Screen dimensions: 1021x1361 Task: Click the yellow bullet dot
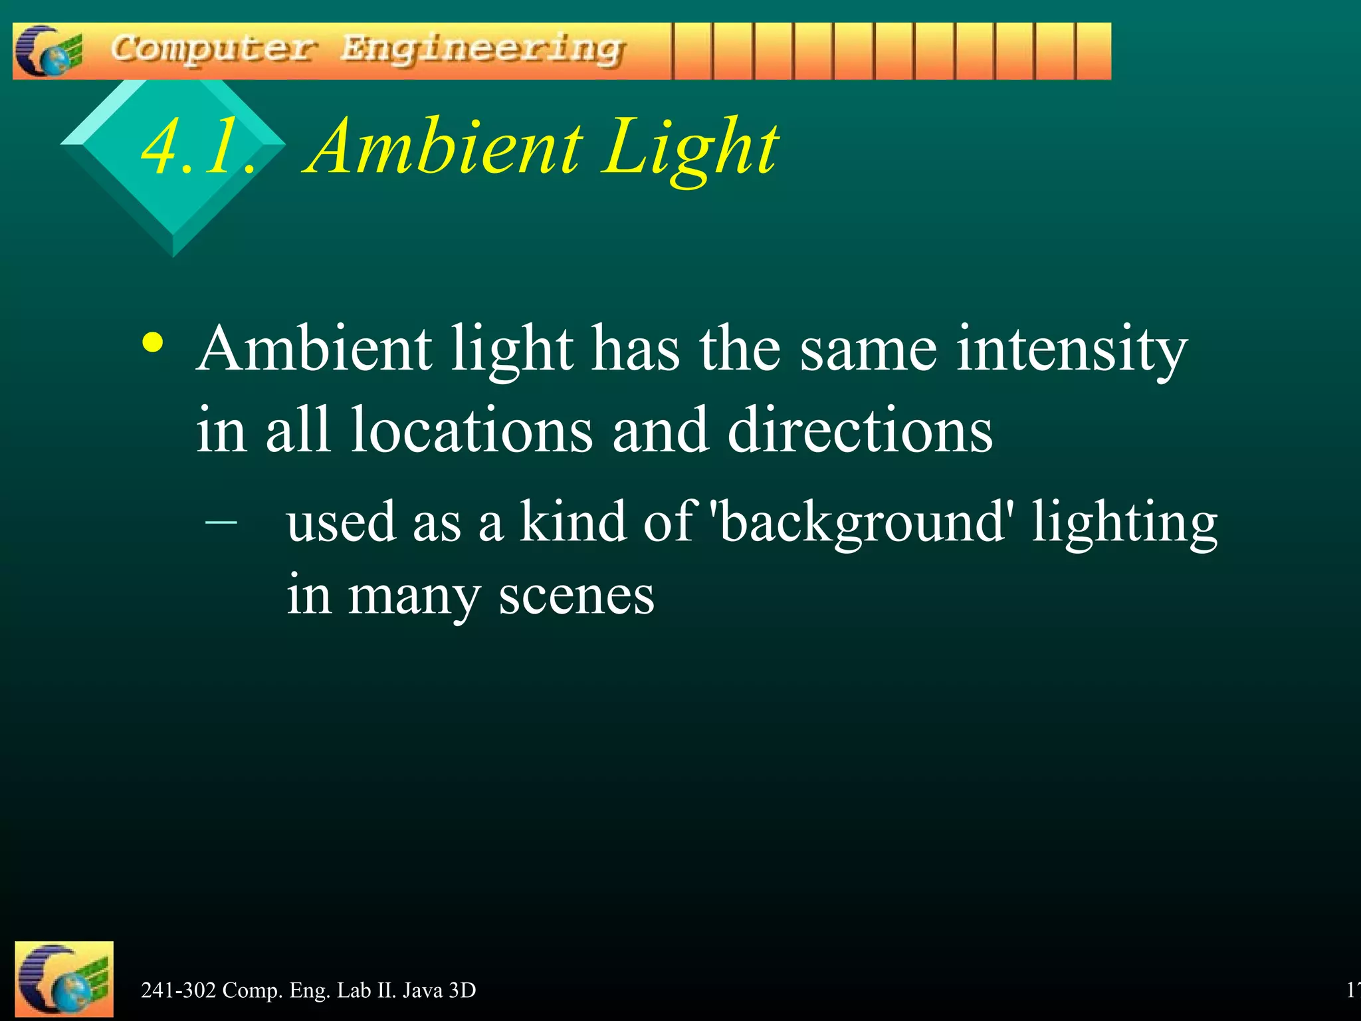click(153, 343)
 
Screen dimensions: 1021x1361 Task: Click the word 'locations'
click(471, 431)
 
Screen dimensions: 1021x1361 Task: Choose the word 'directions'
click(860, 431)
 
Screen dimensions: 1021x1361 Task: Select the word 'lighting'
click(1124, 524)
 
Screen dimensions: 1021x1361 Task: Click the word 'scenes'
click(576, 596)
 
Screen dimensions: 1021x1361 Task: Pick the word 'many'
click(413, 597)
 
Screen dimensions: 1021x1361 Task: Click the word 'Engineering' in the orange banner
click(483, 51)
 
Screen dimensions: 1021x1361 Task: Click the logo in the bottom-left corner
click(64, 979)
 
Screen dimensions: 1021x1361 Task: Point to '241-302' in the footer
click(178, 990)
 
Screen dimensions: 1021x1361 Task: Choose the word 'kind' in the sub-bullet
click(573, 521)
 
